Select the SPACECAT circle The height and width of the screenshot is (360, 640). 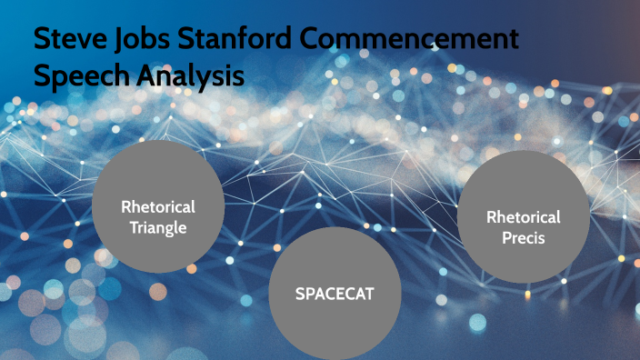pos(335,293)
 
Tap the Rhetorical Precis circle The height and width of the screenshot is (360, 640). pos(523,216)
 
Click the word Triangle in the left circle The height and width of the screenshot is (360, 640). pos(158,227)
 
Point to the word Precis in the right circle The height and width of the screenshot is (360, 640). pos(524,238)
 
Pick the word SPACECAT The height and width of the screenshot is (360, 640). pos(335,294)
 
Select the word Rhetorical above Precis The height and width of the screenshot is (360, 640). pos(524,217)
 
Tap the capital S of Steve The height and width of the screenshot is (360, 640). pos(42,42)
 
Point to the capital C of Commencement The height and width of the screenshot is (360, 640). pos(315,42)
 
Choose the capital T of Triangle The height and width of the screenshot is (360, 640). pos(134,227)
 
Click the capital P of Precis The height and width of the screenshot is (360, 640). pos(505,238)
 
